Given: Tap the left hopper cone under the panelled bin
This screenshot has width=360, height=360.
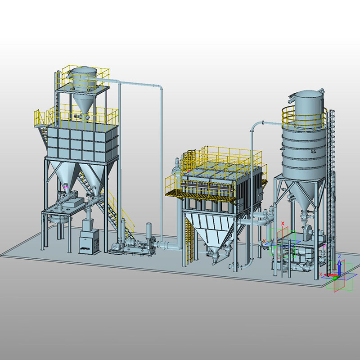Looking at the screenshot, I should click(63, 173).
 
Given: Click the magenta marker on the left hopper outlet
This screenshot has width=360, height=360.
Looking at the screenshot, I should click(66, 185).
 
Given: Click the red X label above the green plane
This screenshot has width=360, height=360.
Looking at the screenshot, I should click(283, 223).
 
